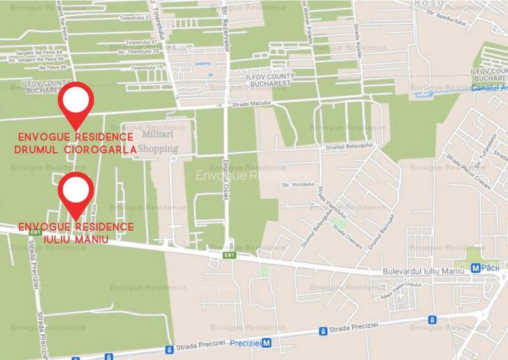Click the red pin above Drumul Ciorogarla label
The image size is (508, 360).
coord(75,102)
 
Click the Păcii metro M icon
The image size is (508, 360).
coord(475,270)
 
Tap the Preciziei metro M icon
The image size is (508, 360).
coord(267,343)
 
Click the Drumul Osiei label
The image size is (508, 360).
coord(226,181)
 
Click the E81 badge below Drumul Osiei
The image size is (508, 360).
coord(229,255)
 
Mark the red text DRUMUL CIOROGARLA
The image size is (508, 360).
coord(76,150)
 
